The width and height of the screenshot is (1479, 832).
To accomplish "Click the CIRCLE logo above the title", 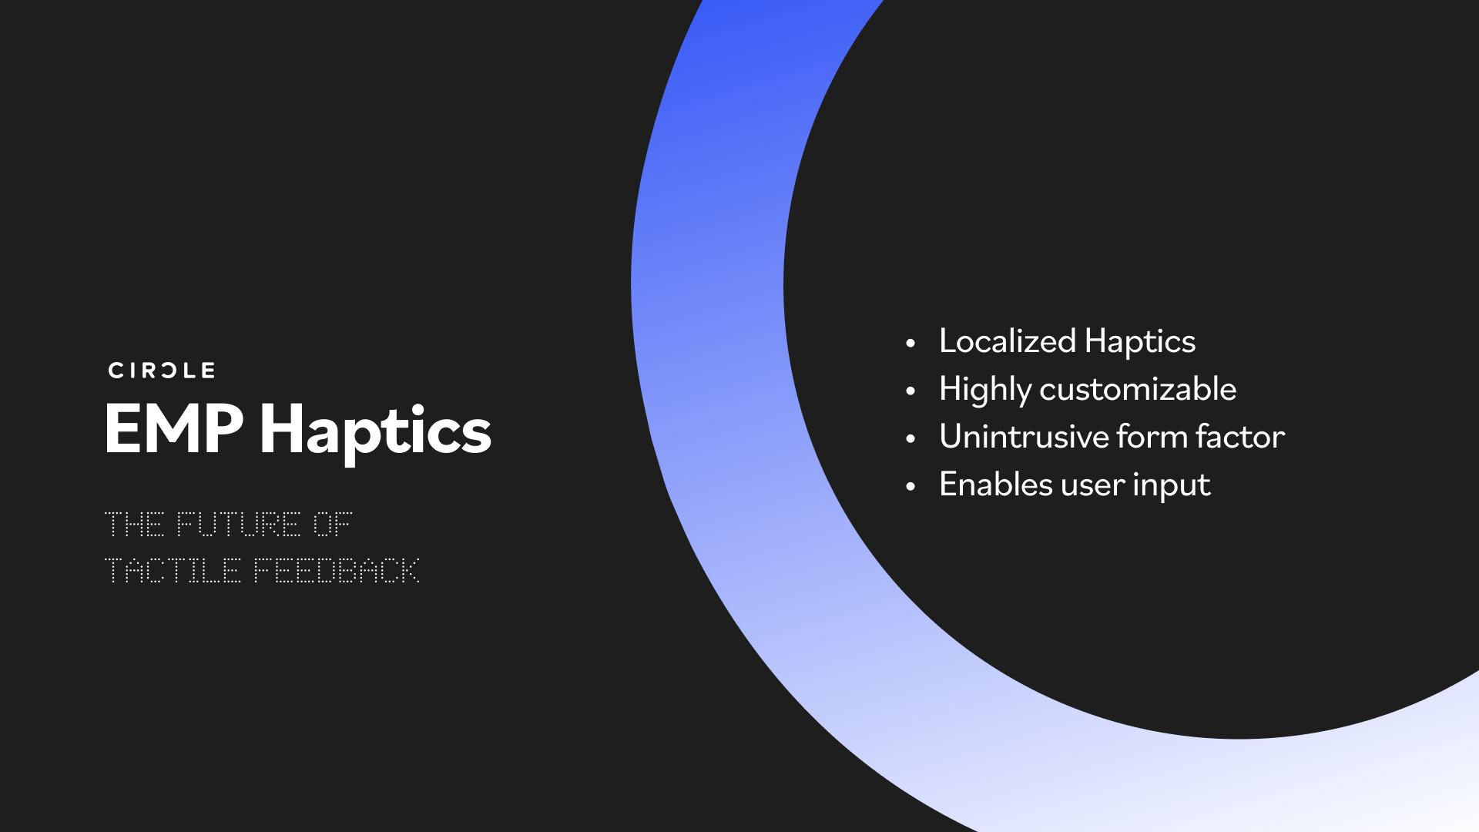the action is click(x=162, y=371).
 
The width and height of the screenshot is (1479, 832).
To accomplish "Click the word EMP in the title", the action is click(x=174, y=429).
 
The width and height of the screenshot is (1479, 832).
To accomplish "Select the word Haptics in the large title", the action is click(x=375, y=431).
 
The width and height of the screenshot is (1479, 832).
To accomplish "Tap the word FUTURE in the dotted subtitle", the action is click(x=238, y=525).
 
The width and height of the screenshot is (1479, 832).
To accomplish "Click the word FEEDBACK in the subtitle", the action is click(x=337, y=571).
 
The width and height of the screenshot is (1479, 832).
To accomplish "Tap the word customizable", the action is click(x=1138, y=389).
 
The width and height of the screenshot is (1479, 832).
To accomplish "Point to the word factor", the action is click(x=1240, y=437).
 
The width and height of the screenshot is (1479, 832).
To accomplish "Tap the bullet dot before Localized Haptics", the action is click(x=911, y=343).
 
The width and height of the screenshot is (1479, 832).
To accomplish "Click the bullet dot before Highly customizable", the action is click(x=911, y=391).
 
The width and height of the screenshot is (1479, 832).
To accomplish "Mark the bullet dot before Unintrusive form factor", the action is click(x=911, y=438).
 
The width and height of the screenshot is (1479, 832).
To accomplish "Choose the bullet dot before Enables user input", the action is click(x=911, y=486).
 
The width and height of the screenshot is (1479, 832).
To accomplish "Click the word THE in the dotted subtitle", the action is click(x=135, y=525).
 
